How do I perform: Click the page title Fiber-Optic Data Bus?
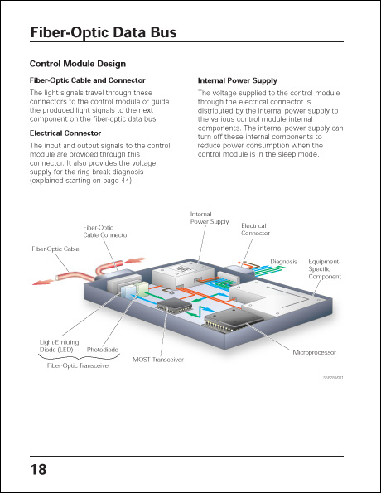[x=103, y=33]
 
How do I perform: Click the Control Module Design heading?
[x=78, y=64]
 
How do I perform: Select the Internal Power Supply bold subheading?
[x=237, y=80]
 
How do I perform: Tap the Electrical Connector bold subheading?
[x=65, y=133]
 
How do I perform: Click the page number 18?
[x=38, y=470]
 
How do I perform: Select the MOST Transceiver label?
[x=157, y=360]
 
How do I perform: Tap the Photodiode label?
[x=103, y=350]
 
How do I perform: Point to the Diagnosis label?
[x=283, y=261]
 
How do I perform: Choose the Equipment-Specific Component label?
[x=324, y=268]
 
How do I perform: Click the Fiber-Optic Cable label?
[x=55, y=249]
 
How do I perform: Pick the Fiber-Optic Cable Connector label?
[x=106, y=231]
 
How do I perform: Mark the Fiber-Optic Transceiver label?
[x=77, y=365]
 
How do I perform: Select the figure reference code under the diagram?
[x=333, y=376]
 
